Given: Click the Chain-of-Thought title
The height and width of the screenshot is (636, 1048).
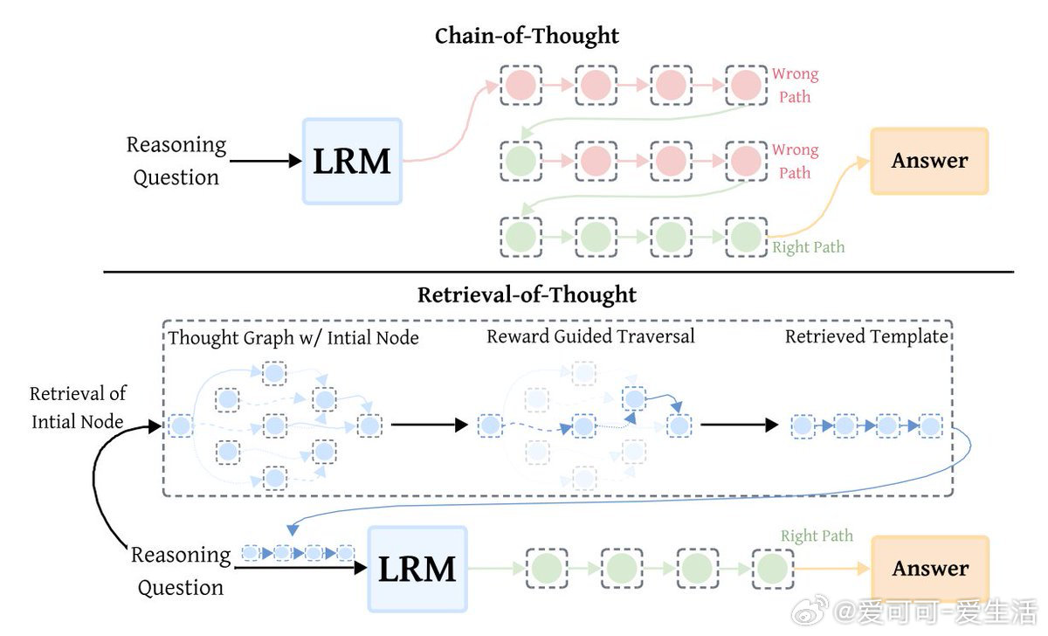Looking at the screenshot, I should (x=527, y=36).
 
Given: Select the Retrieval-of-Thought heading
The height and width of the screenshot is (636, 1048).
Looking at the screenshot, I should (x=527, y=294).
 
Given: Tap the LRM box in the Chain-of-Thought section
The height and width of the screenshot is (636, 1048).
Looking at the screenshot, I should (x=352, y=162).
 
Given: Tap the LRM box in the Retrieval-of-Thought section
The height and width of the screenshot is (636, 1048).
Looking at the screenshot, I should (x=417, y=569).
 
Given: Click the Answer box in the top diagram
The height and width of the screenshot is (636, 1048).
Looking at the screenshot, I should (x=929, y=161).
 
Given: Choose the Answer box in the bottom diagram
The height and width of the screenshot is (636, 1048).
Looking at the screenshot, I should (x=930, y=569).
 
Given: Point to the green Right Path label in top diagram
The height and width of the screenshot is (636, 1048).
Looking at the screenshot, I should (x=809, y=247).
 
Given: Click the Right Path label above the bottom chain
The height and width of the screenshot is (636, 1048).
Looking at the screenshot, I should (x=817, y=536).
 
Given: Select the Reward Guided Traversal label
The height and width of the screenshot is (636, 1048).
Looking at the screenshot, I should (x=590, y=336).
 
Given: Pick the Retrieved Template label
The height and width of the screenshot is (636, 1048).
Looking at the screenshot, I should (x=866, y=336).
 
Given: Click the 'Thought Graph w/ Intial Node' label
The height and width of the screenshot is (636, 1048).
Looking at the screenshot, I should (x=293, y=337).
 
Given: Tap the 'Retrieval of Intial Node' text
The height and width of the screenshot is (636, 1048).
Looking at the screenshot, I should (x=78, y=407).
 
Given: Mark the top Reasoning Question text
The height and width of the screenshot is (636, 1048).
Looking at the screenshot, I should (x=176, y=161).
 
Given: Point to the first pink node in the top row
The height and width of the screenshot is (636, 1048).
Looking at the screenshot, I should (x=521, y=86).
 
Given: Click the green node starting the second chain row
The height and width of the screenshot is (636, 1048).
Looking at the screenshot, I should (x=521, y=161).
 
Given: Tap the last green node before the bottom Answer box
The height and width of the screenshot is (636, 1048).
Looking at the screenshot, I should (x=770, y=569).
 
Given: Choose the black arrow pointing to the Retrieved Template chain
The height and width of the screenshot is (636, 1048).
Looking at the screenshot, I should (x=739, y=425).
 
